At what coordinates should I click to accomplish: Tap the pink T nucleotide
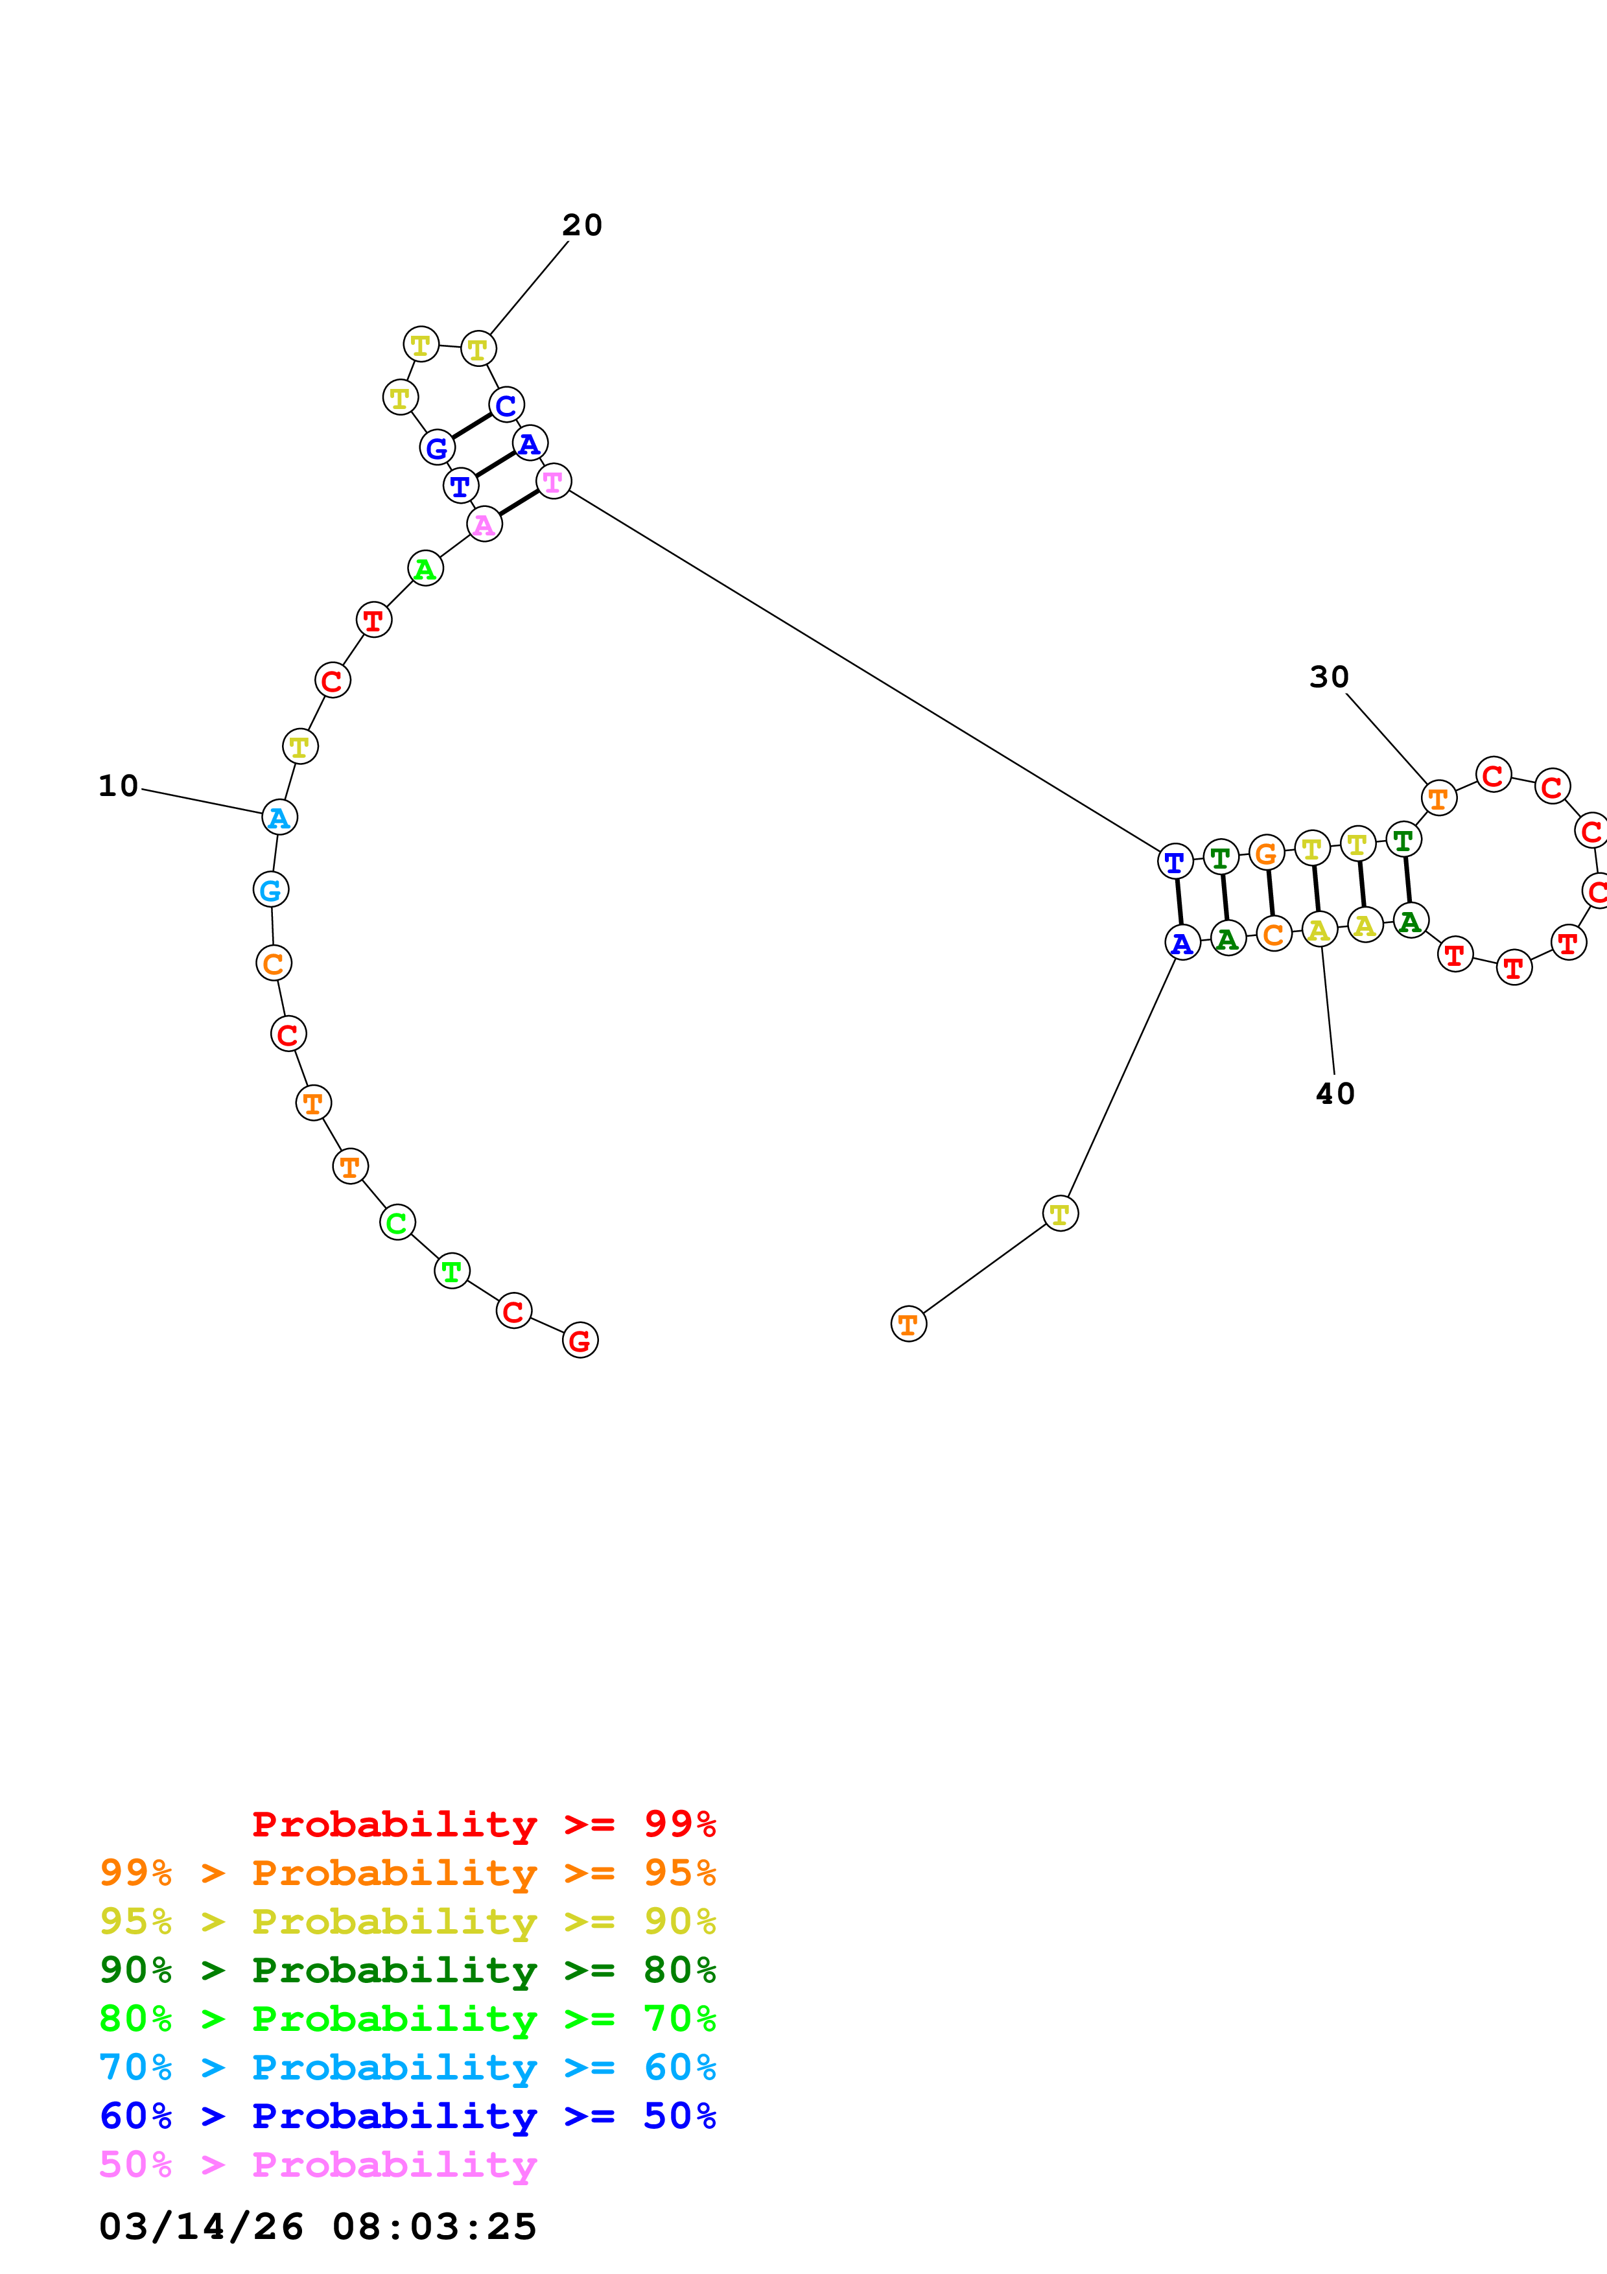(x=554, y=482)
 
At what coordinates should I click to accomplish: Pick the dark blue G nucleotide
(x=437, y=448)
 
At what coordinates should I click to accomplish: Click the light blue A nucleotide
(x=279, y=818)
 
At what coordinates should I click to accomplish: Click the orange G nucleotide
(x=1267, y=853)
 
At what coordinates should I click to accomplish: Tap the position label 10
(x=118, y=786)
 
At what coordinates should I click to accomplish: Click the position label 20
(x=582, y=225)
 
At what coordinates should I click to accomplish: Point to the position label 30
(x=1329, y=677)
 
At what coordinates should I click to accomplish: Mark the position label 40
(x=1335, y=1094)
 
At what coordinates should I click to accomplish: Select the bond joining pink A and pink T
(x=519, y=503)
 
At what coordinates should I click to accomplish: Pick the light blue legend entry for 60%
(x=407, y=2067)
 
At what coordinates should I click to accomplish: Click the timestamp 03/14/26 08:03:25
(x=318, y=2227)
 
